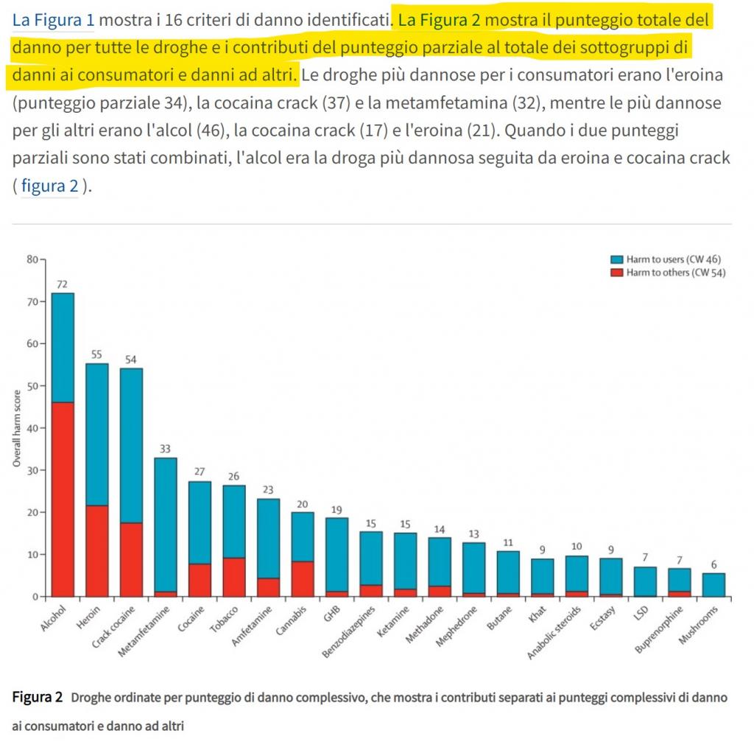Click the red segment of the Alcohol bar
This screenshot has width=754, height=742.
(63, 499)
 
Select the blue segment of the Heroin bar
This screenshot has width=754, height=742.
(96, 434)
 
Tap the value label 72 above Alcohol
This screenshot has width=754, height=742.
(62, 284)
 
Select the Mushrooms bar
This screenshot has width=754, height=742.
(714, 584)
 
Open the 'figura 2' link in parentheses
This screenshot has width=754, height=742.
(49, 186)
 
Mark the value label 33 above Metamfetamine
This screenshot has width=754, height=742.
(164, 449)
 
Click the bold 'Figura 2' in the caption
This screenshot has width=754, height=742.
(38, 697)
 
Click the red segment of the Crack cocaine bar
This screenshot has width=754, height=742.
(131, 559)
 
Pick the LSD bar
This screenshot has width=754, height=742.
(645, 581)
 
